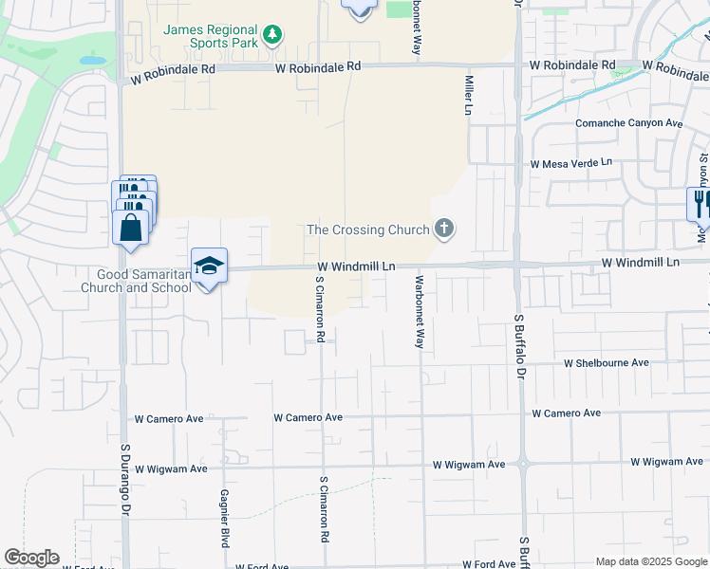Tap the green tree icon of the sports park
pos(273,35)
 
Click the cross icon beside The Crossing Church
pos(443,228)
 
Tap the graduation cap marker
pos(209,266)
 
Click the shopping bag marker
pos(130,228)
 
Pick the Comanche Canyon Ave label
pos(629,123)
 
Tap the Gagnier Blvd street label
pos(225,519)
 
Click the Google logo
pos(31,558)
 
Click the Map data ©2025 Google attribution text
pos(651,561)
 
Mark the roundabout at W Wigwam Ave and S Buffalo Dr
pos(522,464)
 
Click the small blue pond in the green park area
pos(93,60)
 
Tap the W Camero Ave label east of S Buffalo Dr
pos(566,413)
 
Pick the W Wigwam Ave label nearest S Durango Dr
pos(171,468)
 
